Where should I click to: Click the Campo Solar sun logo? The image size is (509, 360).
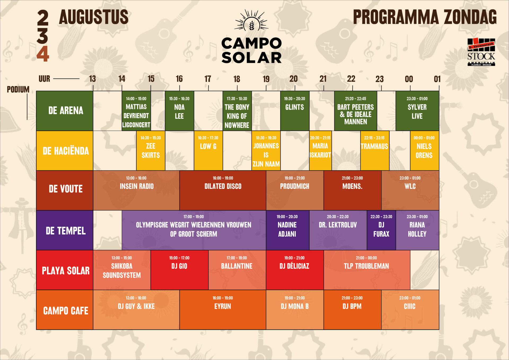coord(252,20)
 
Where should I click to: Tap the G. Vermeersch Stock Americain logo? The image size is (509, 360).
coord(481,52)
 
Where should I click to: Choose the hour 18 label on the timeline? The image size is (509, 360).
coord(237,79)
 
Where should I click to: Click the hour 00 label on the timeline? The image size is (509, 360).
coord(409,79)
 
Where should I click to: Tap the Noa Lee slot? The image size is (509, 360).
coord(179,111)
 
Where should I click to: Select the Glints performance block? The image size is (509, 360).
coord(295,111)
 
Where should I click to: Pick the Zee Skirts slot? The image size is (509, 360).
coord(151,150)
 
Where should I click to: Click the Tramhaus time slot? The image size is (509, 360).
coord(375,150)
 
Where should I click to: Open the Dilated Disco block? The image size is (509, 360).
coord(223,190)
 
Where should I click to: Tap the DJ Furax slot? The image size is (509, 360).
coord(381,230)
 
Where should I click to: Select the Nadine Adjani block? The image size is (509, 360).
coord(288,230)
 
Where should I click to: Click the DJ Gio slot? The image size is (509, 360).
coord(179,270)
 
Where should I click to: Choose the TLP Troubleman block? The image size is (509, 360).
coord(367,270)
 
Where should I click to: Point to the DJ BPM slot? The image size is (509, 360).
coord(352,310)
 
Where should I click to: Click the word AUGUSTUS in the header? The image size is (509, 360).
coord(94,17)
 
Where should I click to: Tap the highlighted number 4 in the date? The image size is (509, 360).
coord(43,54)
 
